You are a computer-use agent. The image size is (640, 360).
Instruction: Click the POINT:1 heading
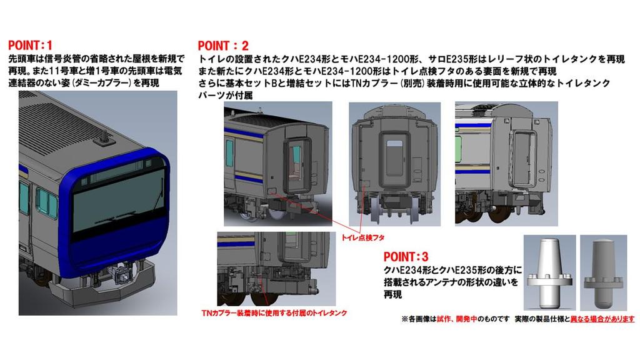[x=30, y=45]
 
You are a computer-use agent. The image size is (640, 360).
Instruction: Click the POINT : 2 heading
[x=223, y=46]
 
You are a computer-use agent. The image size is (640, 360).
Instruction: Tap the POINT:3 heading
[x=406, y=257]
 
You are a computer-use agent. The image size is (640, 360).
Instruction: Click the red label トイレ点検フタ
[x=364, y=238]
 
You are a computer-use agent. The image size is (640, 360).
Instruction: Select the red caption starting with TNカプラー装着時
[x=274, y=312]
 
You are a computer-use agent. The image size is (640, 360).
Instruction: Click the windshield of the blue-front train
[x=116, y=210]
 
